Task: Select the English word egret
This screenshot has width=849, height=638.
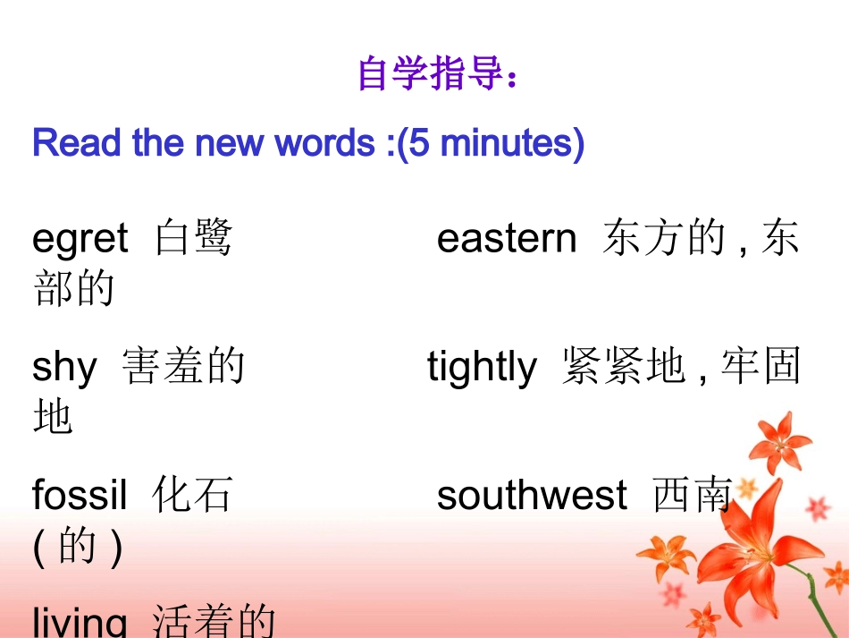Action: (x=80, y=240)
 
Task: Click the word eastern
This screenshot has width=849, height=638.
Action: (x=507, y=239)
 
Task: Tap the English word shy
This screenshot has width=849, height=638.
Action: (x=63, y=368)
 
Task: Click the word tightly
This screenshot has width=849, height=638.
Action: (x=483, y=368)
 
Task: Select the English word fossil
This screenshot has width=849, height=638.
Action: (x=80, y=495)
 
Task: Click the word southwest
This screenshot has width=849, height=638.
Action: (x=532, y=495)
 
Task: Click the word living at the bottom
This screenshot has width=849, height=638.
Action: (x=80, y=621)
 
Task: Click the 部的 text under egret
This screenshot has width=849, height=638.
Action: (x=74, y=288)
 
